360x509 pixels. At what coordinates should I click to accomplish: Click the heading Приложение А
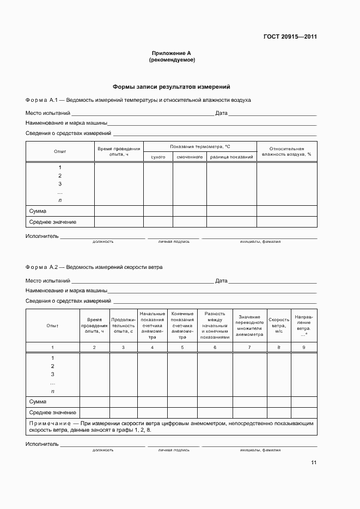pos(171,53)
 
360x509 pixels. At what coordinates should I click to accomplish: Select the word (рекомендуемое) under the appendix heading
pos(172,60)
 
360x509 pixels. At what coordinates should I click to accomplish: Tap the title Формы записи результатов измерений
pos(172,87)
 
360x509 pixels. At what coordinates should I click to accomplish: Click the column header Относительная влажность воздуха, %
pos(286,151)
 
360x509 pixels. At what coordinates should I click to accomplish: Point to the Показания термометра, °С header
pos(200,146)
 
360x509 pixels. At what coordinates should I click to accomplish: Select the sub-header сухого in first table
pos(158,157)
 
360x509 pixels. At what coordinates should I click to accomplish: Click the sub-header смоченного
pos(190,157)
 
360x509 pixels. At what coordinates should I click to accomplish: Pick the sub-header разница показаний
pos(231,157)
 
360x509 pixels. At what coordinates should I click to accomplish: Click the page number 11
pos(314,463)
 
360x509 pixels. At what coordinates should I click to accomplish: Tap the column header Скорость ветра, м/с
pos(279,325)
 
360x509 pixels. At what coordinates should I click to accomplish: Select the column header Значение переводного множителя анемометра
pos(249,325)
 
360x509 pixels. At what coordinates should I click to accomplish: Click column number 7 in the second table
pos(249,347)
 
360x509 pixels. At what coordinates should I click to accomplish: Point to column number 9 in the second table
pos(304,347)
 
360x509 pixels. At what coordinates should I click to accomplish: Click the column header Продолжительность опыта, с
pos(123,325)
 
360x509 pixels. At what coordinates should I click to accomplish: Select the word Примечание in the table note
pos(51,422)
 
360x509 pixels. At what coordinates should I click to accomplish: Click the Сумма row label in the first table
pos(38,211)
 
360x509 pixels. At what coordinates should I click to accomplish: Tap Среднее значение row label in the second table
pos(52,412)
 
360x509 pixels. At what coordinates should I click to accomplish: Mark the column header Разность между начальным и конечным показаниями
pos(215,325)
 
